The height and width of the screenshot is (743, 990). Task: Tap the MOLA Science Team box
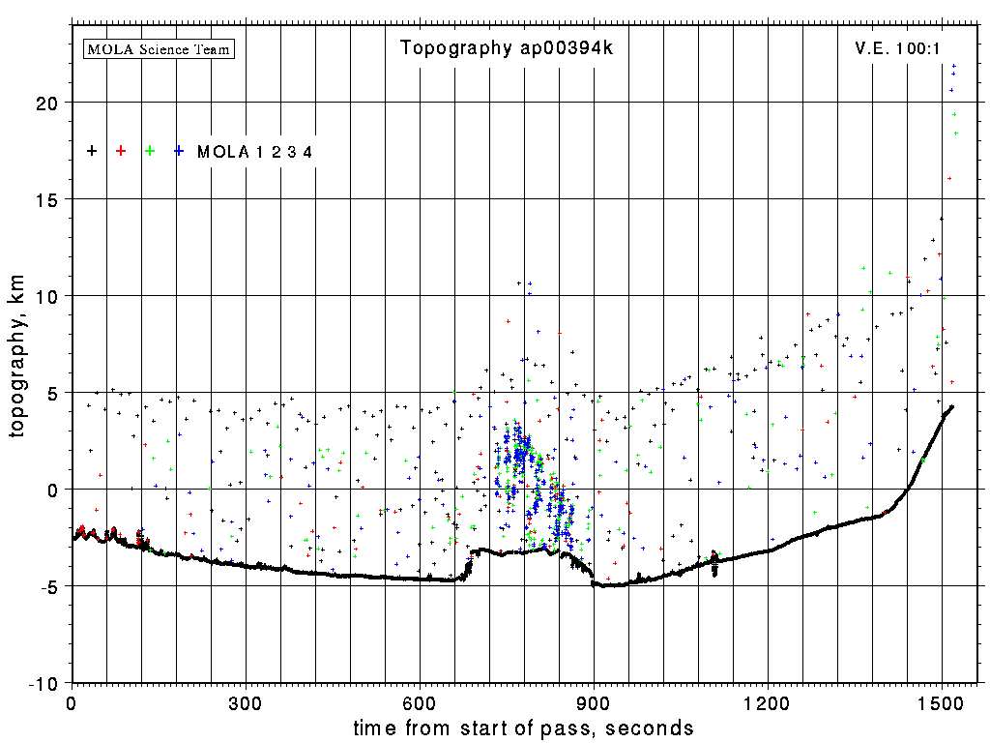tap(160, 48)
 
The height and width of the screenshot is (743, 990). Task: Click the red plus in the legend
tap(121, 151)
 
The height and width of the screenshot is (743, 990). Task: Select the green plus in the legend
tap(150, 151)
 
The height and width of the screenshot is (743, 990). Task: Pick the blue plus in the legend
tap(179, 151)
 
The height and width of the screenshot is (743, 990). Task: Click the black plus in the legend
tap(92, 151)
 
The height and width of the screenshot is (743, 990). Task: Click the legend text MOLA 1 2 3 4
tap(255, 152)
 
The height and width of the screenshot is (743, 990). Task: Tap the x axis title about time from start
tap(523, 728)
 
